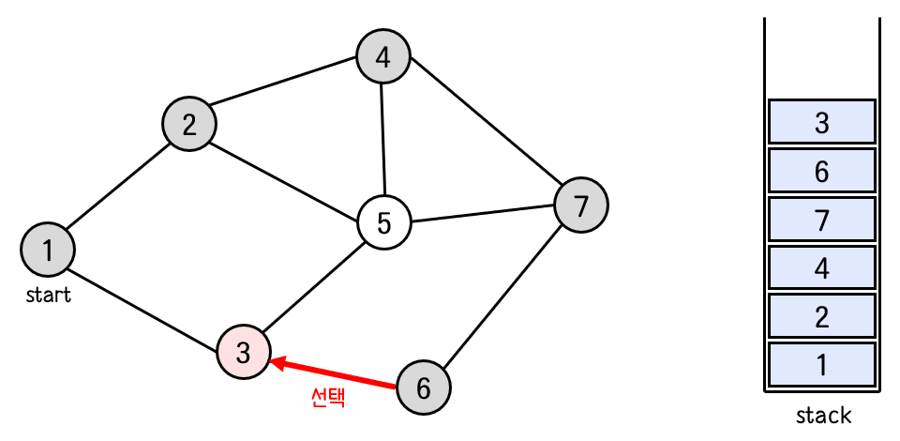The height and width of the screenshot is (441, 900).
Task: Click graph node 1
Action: coord(48,250)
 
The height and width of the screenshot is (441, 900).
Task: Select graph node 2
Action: coord(189,124)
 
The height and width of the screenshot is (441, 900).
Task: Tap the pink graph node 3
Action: coord(244,353)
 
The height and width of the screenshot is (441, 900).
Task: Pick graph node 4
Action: coord(382,57)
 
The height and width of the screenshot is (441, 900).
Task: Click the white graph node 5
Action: coord(384,223)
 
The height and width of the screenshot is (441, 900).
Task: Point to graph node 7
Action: coord(581,205)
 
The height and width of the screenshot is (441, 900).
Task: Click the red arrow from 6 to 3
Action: coord(333,373)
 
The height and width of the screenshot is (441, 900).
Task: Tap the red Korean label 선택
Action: coord(328,398)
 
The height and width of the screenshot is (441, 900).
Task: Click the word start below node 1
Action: coord(49,296)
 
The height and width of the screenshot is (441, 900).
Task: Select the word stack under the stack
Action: coord(822,415)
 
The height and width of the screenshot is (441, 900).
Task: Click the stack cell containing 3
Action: coord(821,122)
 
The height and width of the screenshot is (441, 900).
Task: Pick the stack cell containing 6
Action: coord(821,171)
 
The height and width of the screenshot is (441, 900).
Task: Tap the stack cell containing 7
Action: coord(821,220)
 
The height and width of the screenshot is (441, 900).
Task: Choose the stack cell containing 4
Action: coord(821,268)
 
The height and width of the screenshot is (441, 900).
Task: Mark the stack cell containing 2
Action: coord(821,317)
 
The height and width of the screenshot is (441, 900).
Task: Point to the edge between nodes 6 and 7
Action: coord(502,296)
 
